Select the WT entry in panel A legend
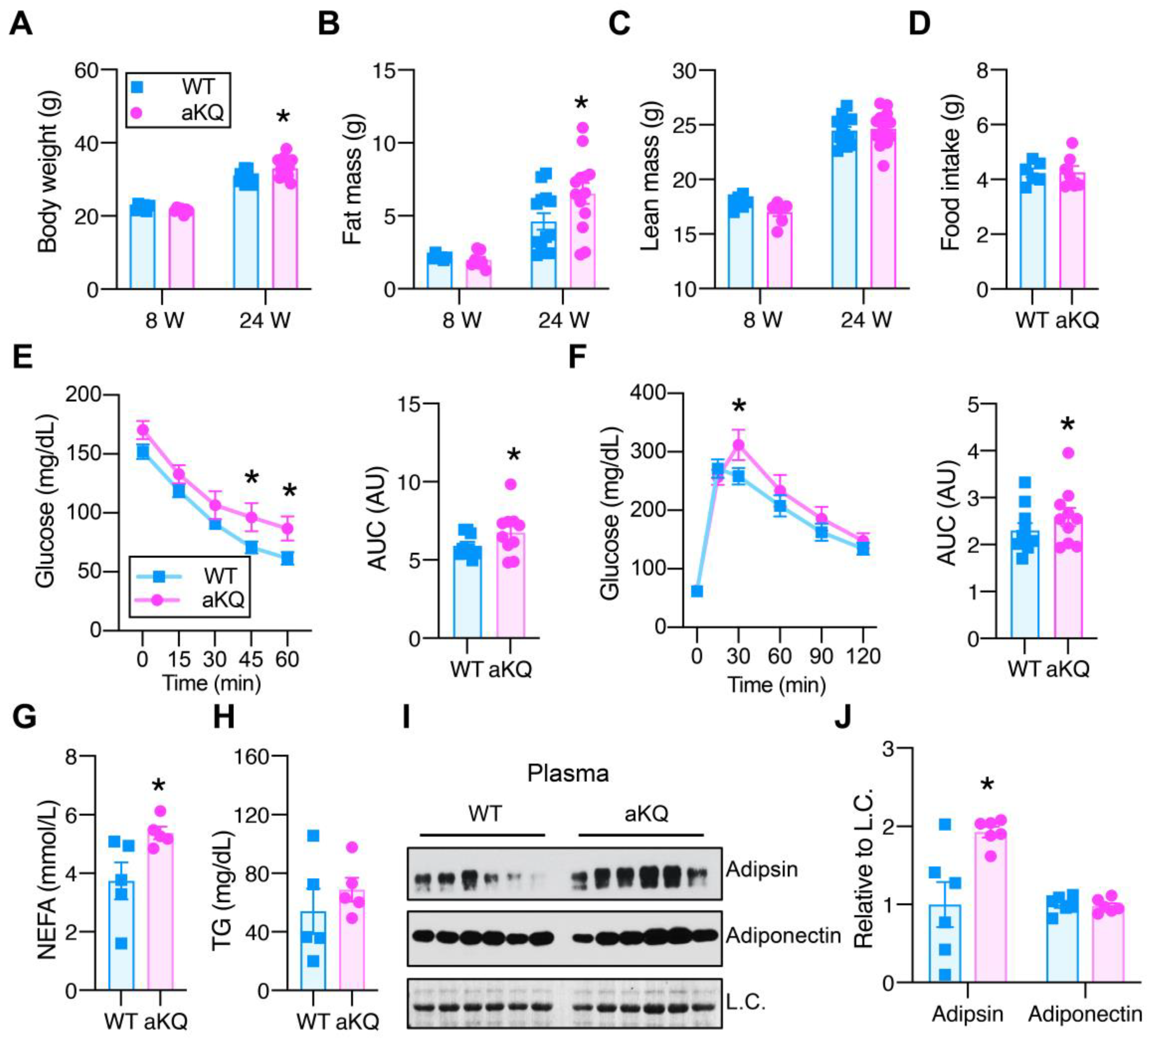coord(197,87)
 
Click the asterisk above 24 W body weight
coord(283,118)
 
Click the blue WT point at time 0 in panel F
coord(696,591)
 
